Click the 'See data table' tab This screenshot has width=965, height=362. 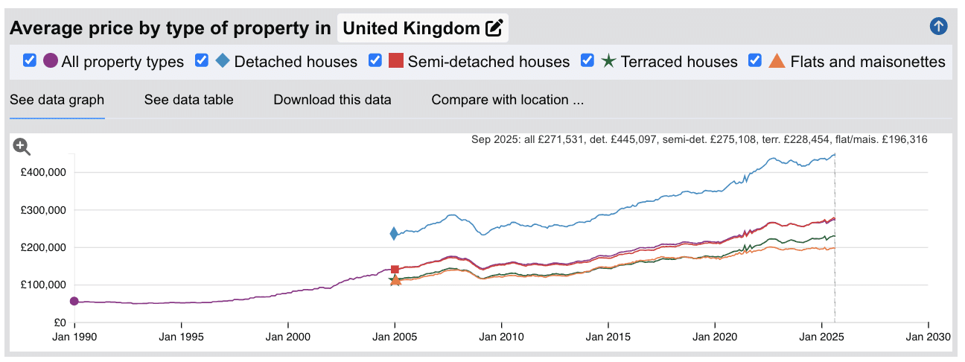pos(188,100)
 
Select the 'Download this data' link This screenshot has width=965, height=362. pos(332,100)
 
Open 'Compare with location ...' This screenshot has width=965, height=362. pos(507,100)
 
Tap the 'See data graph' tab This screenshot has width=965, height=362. pos(57,100)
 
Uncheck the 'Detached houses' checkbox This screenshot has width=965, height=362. pos(202,60)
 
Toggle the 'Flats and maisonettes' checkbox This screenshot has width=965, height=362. pos(755,60)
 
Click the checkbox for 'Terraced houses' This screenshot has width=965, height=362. pos(587,60)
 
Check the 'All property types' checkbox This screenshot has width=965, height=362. pos(30,60)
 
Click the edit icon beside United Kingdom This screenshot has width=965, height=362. pos(494,29)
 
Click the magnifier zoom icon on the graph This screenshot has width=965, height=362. pos(22,147)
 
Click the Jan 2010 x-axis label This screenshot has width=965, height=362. pos(501,337)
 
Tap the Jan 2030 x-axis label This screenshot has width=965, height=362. pos(928,337)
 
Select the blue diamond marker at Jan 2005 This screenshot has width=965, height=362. pos(394,234)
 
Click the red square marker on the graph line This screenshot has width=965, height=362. pos(395,269)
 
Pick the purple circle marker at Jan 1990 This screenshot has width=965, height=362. pos(74,301)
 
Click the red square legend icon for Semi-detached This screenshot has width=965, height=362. pos(396,61)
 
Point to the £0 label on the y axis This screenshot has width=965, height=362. pos(60,323)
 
